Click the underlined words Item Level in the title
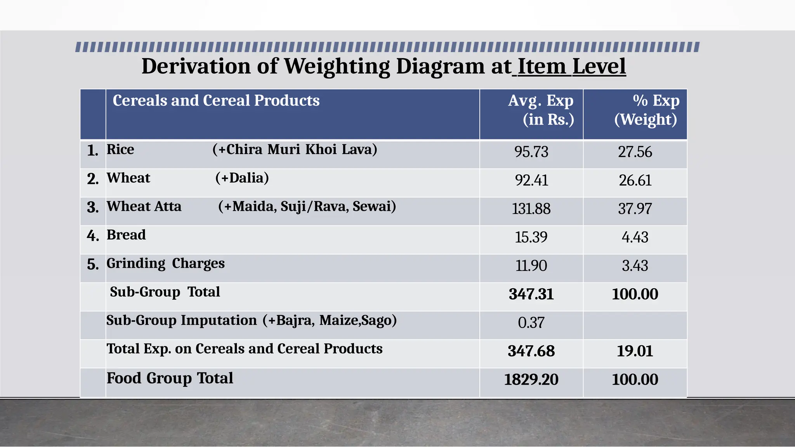pos(571,66)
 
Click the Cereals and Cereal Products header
pos(216,100)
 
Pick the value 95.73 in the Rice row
pos(531,152)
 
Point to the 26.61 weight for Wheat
pos(635,180)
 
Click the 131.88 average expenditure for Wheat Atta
pos(531,209)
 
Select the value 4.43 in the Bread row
pos(635,237)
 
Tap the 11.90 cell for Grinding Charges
pos(531,266)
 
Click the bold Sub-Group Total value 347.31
pos(531,294)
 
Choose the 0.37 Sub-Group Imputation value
pos(531,322)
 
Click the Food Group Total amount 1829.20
pos(531,379)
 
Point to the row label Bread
pos(126,235)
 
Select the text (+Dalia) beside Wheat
pos(242,178)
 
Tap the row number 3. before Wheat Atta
pos(93,207)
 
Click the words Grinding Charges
pos(165,263)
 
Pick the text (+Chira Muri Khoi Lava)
pos(295,149)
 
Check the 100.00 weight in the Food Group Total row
pos(635,379)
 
